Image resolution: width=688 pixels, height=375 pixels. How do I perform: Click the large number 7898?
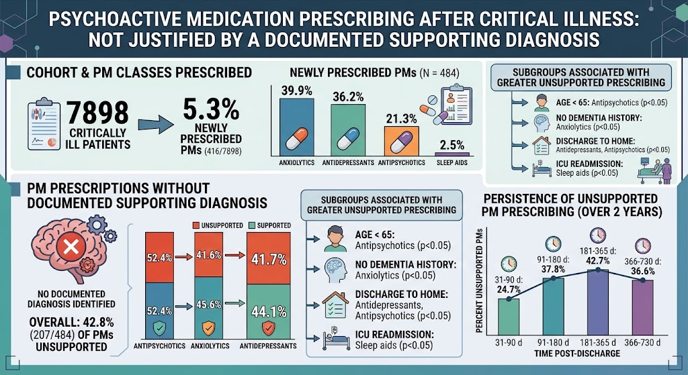tap(98, 112)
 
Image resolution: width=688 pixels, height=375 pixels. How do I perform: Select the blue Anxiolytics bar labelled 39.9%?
tap(297, 127)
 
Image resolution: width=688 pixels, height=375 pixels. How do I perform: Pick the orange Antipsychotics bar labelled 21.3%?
tap(402, 141)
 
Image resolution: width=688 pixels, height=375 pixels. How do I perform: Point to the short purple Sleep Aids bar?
tap(452, 154)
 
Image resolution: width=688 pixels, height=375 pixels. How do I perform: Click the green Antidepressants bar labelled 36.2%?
tap(348, 130)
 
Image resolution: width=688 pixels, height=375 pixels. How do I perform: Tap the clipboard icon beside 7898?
tap(44, 124)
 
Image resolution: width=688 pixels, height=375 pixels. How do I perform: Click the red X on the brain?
tap(71, 247)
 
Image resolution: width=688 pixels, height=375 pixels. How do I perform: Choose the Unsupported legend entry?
tap(218, 225)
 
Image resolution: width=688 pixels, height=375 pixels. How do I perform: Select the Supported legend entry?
tap(269, 225)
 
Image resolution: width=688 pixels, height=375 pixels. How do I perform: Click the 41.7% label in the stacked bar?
tap(269, 260)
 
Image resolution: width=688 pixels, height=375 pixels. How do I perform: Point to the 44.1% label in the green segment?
tap(269, 311)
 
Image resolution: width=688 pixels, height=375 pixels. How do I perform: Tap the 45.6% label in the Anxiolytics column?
tap(208, 304)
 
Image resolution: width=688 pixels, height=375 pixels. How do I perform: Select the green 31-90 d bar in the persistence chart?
tap(509, 317)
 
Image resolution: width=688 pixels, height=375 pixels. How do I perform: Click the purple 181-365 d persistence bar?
tap(597, 303)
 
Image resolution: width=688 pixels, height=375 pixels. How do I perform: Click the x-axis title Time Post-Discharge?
tap(577, 353)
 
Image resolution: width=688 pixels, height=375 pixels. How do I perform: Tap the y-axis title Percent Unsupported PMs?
tap(479, 280)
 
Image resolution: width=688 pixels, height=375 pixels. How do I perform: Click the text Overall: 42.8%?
tap(71, 323)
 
